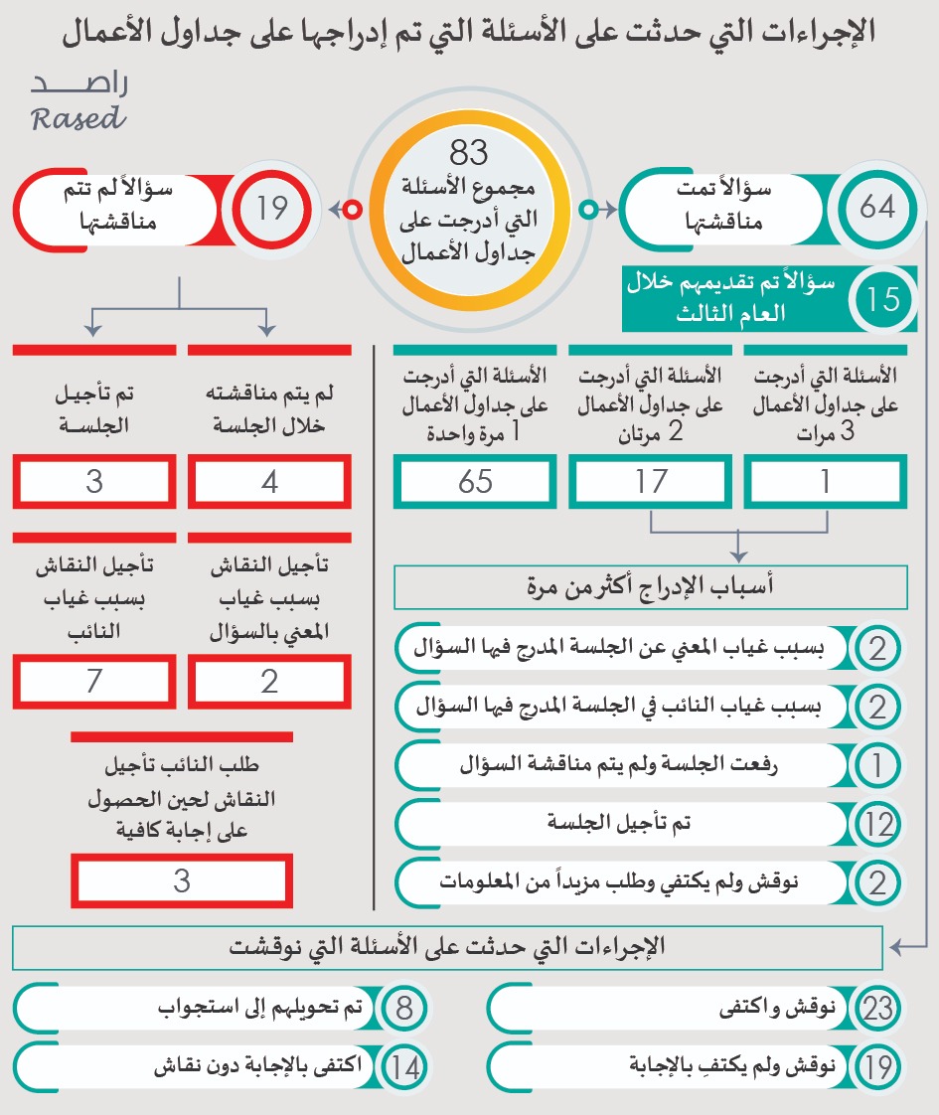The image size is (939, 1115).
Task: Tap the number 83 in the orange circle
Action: pos(469,153)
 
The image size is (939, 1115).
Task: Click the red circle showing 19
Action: pos(271,209)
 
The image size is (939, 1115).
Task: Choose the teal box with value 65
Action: pos(475,482)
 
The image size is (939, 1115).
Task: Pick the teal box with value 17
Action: pos(651,482)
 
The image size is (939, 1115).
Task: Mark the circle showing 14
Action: pos(403,1068)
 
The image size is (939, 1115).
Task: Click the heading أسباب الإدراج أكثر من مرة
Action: pos(651,587)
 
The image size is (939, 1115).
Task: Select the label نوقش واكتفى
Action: pos(774,1010)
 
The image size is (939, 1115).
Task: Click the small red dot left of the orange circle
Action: pos(351,210)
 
